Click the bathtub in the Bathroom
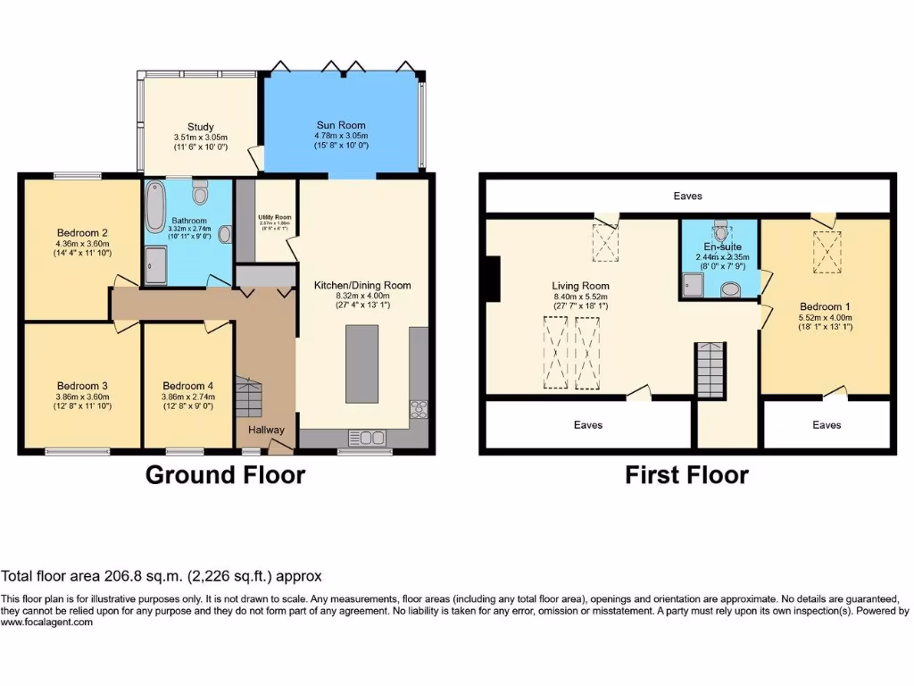155,207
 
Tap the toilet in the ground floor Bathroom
200,191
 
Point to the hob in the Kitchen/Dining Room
419,410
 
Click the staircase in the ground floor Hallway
249,397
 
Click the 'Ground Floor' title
225,474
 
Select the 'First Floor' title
686,474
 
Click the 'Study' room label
201,127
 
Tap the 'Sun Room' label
341,125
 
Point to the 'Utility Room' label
275,217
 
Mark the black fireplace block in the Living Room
490,277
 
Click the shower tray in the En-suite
694,284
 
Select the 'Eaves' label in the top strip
687,196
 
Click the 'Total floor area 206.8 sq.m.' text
161,577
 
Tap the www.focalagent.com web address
46,623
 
